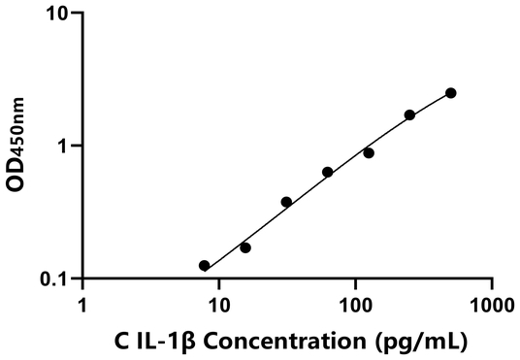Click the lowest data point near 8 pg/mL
pyautogui.click(x=204, y=266)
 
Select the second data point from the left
pyautogui.click(x=245, y=247)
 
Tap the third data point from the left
pyautogui.click(x=286, y=202)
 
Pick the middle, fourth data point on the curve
pyautogui.click(x=328, y=172)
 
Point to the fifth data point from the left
pyautogui.click(x=369, y=152)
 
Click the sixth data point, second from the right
pyautogui.click(x=409, y=115)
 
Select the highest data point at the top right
pyautogui.click(x=451, y=93)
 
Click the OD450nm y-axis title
pyautogui.click(x=17, y=147)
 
